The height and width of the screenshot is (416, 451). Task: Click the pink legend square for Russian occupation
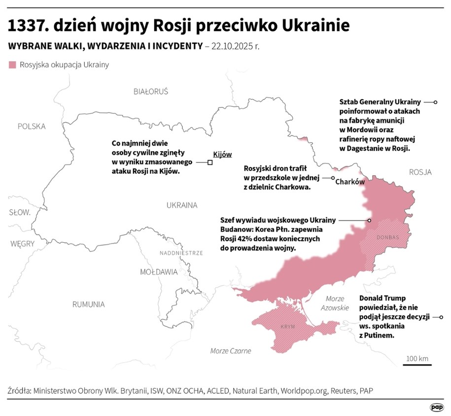[x=12, y=64]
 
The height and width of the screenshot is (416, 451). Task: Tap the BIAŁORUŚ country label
[x=151, y=91]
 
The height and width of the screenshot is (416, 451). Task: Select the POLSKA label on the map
[x=32, y=126]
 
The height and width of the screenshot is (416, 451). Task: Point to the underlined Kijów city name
[x=222, y=154]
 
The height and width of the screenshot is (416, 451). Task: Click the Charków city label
[x=349, y=182]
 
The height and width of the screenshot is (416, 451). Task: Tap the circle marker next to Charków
[x=333, y=178]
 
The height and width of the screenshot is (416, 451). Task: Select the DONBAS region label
[x=387, y=237]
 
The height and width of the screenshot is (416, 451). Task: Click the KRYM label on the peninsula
[x=287, y=326]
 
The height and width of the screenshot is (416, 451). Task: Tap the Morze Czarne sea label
[x=230, y=351]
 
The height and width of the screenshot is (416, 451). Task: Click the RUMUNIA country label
[x=88, y=304]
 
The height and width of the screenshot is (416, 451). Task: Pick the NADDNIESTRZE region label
[x=181, y=253]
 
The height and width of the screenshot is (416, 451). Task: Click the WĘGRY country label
[x=22, y=243]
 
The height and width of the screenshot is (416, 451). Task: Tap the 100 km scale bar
[x=417, y=364]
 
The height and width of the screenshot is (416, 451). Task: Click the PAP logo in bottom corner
[x=436, y=407]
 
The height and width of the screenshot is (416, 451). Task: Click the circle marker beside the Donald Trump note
[x=441, y=318]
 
